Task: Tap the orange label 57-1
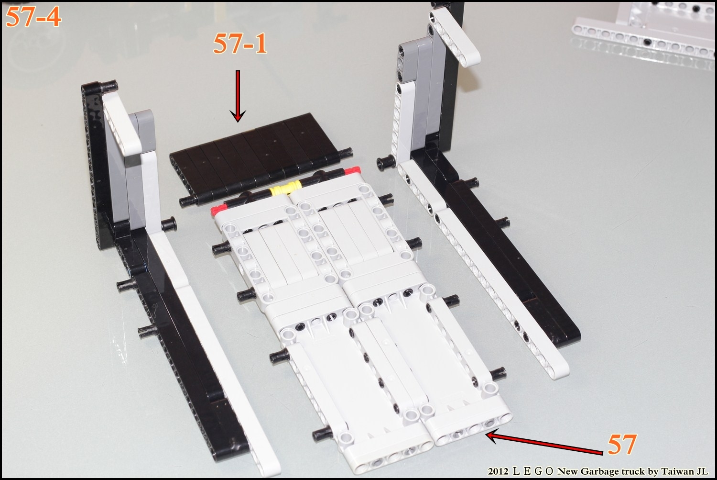[240, 44]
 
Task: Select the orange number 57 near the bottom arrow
[622, 445]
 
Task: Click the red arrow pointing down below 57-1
[238, 96]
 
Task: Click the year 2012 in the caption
[498, 472]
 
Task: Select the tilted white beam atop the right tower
[455, 36]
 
